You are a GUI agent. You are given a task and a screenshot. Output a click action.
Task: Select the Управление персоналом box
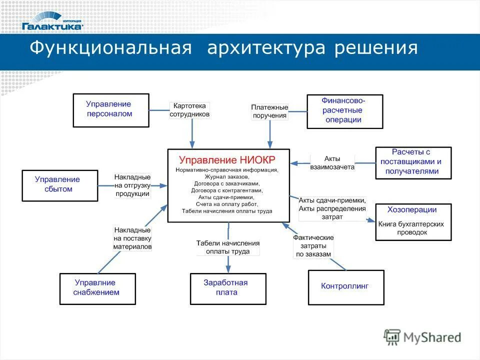click(110, 109)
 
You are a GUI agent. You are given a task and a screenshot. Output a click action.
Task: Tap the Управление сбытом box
click(60, 185)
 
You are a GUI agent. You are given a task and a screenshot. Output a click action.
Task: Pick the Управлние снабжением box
click(97, 288)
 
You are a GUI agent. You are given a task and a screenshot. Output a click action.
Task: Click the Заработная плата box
click(228, 288)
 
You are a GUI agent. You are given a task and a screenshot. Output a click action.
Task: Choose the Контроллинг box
click(345, 287)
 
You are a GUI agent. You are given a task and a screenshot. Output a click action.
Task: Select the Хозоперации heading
click(412, 209)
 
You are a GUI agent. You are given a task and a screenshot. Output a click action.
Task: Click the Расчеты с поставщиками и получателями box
click(412, 162)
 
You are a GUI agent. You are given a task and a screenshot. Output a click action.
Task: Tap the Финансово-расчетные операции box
click(344, 110)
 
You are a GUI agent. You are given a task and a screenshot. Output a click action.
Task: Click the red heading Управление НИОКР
click(227, 160)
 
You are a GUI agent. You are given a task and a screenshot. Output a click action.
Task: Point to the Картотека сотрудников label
click(189, 110)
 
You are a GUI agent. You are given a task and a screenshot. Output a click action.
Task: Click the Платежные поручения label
click(269, 111)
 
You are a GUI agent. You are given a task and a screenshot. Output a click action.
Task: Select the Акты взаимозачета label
click(332, 163)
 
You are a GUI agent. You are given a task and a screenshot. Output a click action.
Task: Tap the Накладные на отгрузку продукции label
click(132, 185)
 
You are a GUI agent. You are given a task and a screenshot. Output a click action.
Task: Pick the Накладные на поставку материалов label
click(132, 238)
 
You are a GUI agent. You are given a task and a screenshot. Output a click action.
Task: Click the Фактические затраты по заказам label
click(313, 246)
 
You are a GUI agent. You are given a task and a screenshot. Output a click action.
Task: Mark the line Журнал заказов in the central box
click(227, 177)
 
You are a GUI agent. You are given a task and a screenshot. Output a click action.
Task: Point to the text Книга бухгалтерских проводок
click(411, 228)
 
